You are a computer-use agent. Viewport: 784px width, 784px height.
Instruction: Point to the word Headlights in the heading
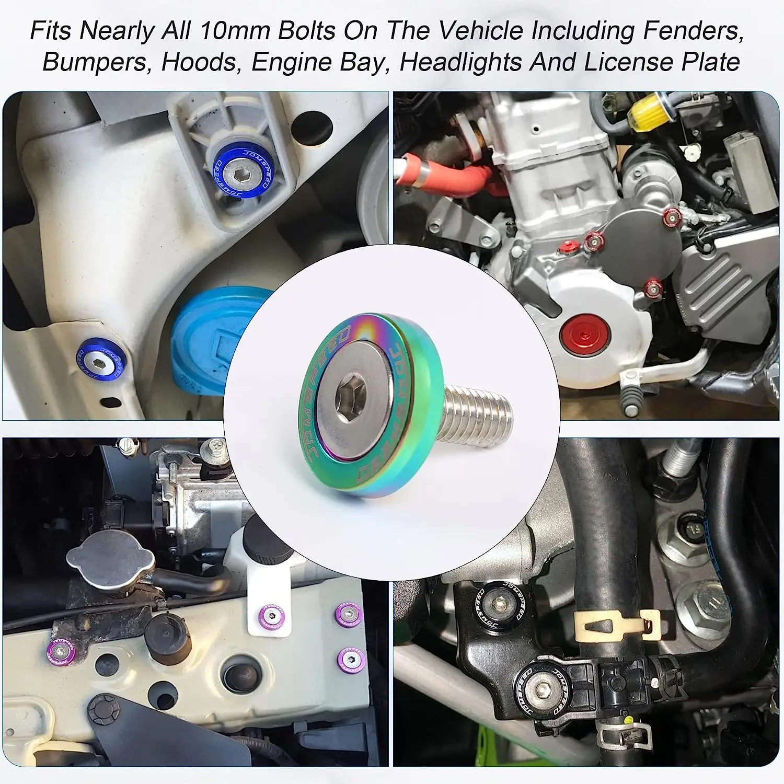(462, 62)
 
